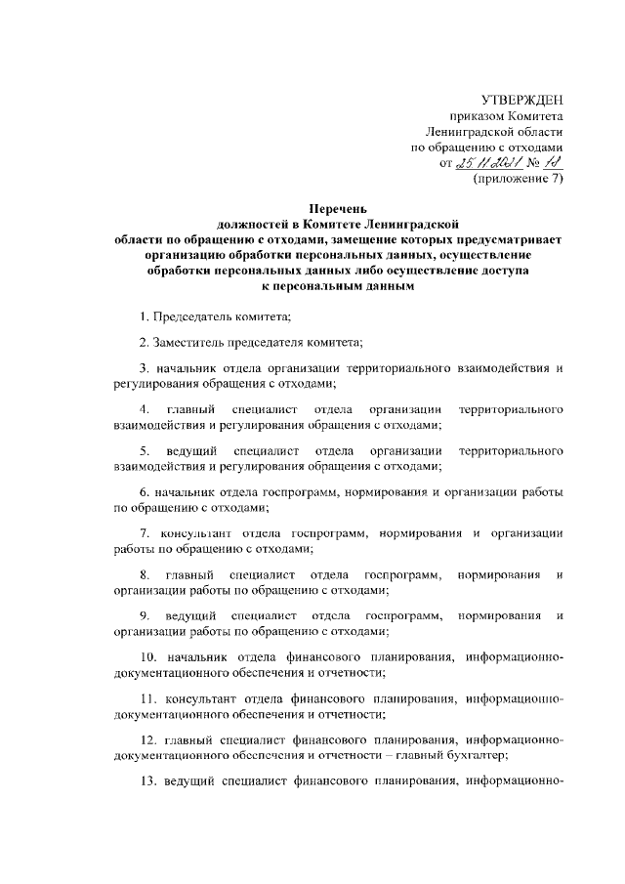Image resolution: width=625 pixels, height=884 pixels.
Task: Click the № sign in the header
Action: (x=536, y=163)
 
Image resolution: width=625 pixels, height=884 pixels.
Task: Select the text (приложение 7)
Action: (x=519, y=179)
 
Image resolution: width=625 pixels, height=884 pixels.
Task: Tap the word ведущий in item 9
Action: (x=190, y=615)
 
